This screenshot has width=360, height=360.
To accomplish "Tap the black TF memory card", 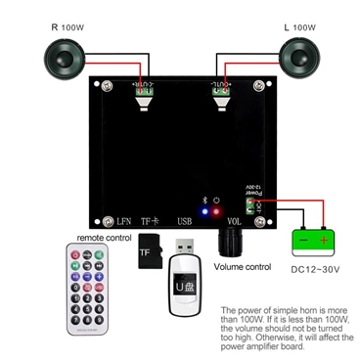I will coord(149,251).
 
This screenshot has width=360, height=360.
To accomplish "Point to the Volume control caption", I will coord(242,266).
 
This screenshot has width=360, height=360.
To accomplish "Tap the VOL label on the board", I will coord(235,222).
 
